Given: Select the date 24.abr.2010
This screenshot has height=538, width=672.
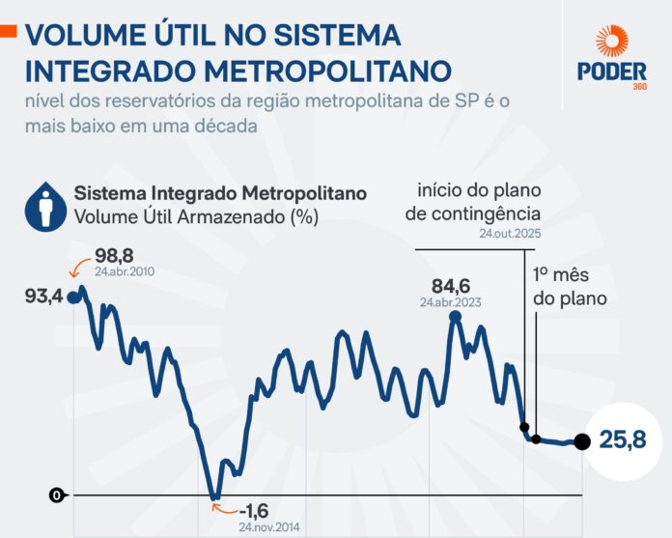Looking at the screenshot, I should click(125, 272).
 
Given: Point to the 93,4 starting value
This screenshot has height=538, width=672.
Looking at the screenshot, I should click(44, 297).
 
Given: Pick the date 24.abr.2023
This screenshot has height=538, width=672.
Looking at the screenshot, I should click(451, 301).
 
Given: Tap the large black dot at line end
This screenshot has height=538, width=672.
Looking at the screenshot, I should click(581, 442).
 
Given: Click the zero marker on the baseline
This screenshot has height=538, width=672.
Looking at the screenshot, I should click(57, 496).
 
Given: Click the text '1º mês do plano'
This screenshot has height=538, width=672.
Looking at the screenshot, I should click(570, 287).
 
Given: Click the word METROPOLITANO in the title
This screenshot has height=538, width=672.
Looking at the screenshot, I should click(315, 71).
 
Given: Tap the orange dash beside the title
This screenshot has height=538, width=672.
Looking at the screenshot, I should click(8, 32).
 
